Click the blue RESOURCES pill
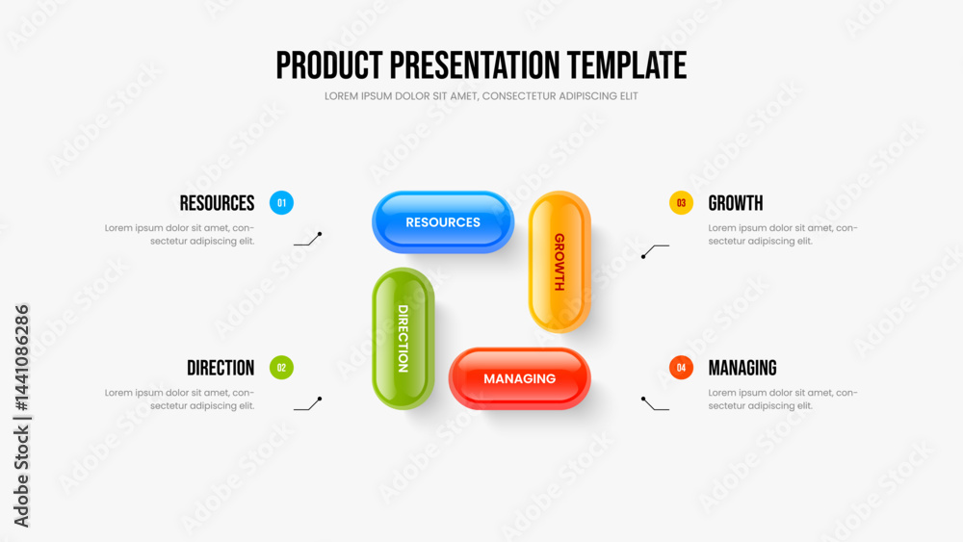tap(443, 222)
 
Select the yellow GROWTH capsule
tap(560, 262)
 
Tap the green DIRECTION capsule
tap(403, 338)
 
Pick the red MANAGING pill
tap(520, 378)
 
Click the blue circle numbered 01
tap(281, 202)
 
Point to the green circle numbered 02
tap(281, 368)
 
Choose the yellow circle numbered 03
tap(681, 202)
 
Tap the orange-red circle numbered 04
tap(681, 368)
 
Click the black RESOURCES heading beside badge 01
tap(217, 203)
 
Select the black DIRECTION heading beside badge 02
tap(221, 368)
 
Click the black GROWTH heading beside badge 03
tap(736, 203)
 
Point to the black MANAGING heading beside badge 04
tap(742, 368)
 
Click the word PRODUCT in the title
tap(329, 65)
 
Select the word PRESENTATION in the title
tap(475, 65)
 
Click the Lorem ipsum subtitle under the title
tap(481, 96)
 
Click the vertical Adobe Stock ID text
tap(21, 416)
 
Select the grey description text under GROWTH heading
tap(782, 235)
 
